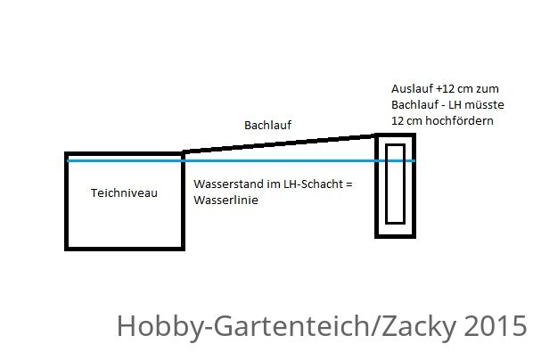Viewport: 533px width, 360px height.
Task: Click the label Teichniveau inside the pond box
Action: (124, 193)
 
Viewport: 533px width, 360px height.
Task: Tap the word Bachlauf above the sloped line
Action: (268, 125)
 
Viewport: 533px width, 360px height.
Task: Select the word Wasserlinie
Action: (225, 200)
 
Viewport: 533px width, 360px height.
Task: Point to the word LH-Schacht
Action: (314, 184)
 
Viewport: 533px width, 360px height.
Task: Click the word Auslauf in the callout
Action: (412, 89)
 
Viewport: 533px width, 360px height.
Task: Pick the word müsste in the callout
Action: (484, 104)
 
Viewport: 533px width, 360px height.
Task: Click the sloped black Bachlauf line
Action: (279, 143)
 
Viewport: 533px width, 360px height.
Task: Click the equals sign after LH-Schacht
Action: (349, 184)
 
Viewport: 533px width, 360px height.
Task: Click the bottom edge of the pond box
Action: (125, 249)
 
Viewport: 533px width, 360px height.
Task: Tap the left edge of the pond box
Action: (67, 201)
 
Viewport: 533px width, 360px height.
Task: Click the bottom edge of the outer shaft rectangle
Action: (396, 236)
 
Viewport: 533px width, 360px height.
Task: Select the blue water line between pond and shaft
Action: (280, 160)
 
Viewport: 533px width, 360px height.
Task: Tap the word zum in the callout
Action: (488, 89)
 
